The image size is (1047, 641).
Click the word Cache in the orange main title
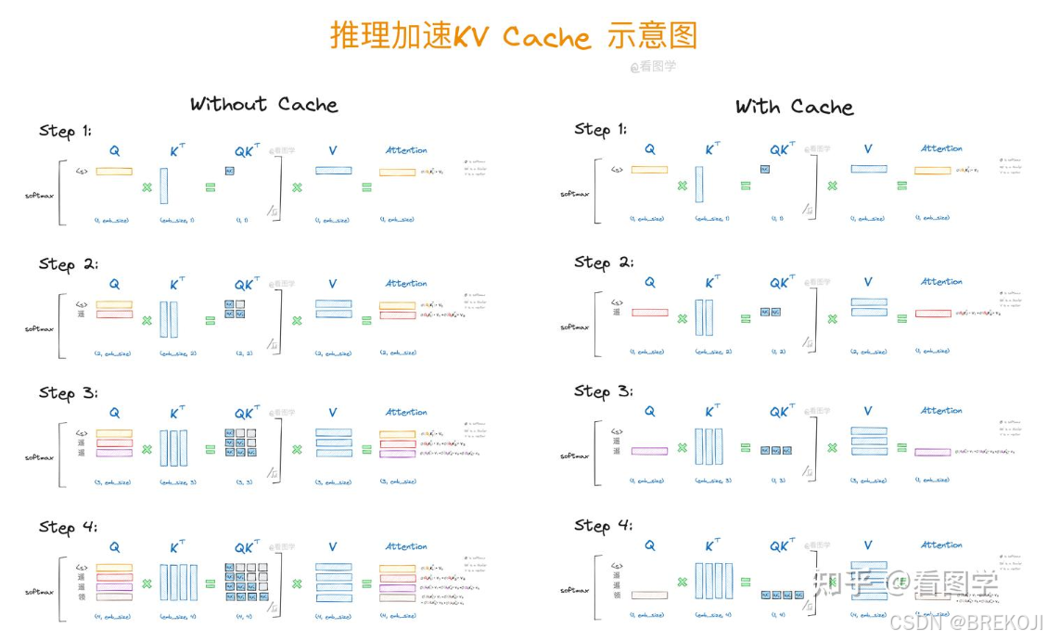[x=546, y=37]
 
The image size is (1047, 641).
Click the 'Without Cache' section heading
[x=263, y=104]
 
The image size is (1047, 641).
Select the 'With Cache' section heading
[x=794, y=107]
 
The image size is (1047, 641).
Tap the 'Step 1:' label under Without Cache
[x=65, y=131]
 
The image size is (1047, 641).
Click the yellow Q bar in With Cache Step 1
[x=649, y=170]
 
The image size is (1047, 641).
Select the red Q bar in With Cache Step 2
[x=649, y=313]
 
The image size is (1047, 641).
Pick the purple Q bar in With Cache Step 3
[x=649, y=451]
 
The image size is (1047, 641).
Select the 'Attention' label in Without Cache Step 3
[x=406, y=412]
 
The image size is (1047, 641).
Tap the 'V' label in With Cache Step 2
[x=868, y=282]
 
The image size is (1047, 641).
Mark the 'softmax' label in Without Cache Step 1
[x=39, y=196]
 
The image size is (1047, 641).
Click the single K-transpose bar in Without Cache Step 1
[x=164, y=186]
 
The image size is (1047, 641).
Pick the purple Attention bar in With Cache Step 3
[x=932, y=452]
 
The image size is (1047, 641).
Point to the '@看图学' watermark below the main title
[x=653, y=67]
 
